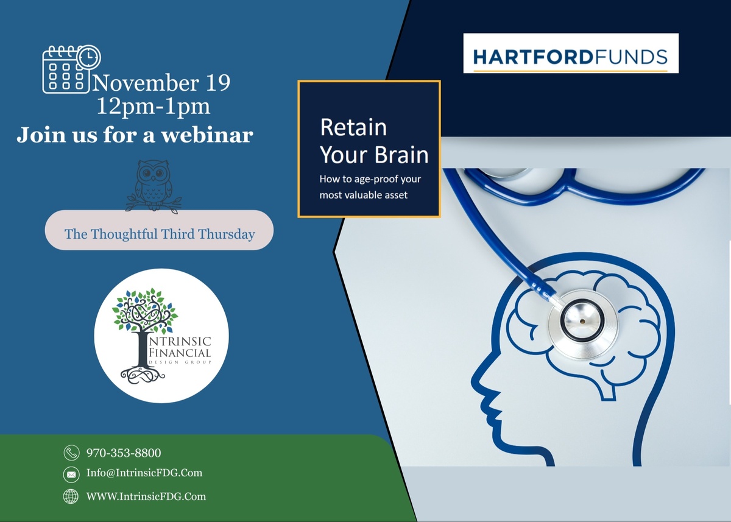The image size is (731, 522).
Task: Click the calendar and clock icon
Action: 71,69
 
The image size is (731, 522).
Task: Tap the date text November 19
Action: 161,83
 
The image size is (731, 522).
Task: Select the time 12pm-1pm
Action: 154,107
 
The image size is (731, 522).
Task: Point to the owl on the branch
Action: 154,186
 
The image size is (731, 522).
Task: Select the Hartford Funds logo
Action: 571,53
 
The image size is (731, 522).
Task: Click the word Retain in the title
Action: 353,127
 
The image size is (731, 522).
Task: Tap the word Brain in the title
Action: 401,155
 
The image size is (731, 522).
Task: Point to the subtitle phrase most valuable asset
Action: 364,195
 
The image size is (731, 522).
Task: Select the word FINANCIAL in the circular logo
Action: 180,353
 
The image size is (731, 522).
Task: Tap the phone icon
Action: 71,453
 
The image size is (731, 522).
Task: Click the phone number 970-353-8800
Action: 124,453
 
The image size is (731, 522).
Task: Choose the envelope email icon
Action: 71,474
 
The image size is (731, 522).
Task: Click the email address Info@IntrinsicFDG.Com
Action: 144,473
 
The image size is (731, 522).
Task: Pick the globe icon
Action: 71,496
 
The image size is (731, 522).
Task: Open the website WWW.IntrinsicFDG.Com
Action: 146,496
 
